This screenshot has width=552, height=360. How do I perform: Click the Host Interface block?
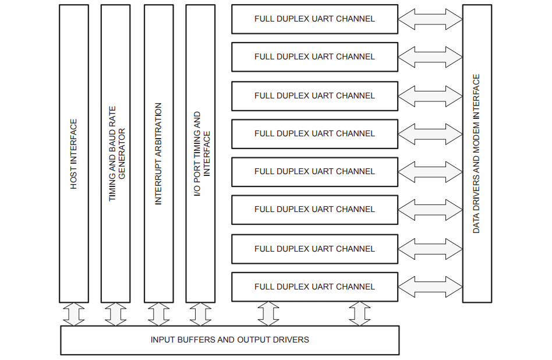(74, 154)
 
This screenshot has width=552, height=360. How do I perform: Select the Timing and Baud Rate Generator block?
(115, 154)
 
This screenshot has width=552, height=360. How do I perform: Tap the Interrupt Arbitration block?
(158, 154)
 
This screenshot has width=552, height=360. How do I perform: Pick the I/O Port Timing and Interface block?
(200, 154)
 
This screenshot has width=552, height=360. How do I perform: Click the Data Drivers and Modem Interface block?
(477, 154)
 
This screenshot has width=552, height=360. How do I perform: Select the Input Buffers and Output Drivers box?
(229, 340)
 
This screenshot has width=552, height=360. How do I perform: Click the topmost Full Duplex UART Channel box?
(314, 19)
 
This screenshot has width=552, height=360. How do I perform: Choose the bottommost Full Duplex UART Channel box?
(314, 287)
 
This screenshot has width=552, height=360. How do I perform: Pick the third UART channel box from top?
(314, 96)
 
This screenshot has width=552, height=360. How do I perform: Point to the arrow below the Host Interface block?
(74, 314)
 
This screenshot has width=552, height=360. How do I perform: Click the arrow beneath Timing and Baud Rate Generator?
(115, 314)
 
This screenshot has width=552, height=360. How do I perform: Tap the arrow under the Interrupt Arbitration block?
(158, 314)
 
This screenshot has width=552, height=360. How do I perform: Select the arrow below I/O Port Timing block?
(200, 314)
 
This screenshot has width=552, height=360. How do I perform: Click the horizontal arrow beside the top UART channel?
(430, 19)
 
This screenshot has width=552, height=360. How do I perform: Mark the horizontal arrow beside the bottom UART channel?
(430, 287)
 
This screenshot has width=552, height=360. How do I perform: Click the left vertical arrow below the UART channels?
(268, 314)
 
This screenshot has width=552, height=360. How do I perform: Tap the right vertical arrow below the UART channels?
(360, 314)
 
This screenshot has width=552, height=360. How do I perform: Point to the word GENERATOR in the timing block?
(122, 154)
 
